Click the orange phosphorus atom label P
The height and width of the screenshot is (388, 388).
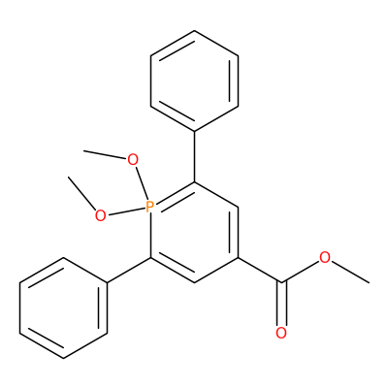[x=149, y=207]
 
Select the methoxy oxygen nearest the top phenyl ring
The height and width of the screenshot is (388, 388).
[x=133, y=159]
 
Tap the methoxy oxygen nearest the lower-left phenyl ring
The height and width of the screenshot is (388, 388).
[x=101, y=215]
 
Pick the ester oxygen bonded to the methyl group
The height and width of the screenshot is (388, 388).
[x=325, y=258]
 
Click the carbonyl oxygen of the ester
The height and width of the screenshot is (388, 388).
[x=281, y=333]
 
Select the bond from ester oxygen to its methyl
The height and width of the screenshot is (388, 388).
[x=351, y=273]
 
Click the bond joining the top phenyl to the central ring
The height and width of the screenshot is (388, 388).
[x=194, y=156]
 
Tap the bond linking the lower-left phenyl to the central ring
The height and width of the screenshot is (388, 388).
[x=129, y=271]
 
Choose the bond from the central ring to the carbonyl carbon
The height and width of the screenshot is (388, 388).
[x=260, y=271]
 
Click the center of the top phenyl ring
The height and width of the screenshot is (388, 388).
[x=194, y=81]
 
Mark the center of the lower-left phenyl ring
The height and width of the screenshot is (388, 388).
[x=63, y=307]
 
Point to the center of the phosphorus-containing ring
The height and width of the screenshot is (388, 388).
[x=194, y=232]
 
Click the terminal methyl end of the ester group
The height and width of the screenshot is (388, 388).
[x=369, y=283]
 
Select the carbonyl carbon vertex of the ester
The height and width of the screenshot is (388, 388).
[x=281, y=283]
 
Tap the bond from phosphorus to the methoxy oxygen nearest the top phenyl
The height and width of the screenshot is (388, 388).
[x=142, y=183]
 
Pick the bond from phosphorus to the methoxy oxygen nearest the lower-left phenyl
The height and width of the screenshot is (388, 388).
[x=126, y=211]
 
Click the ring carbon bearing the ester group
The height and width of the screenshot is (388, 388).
[x=239, y=258]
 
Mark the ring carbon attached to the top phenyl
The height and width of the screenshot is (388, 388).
[x=194, y=181]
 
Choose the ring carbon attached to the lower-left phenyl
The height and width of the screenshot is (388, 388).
[x=150, y=258]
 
